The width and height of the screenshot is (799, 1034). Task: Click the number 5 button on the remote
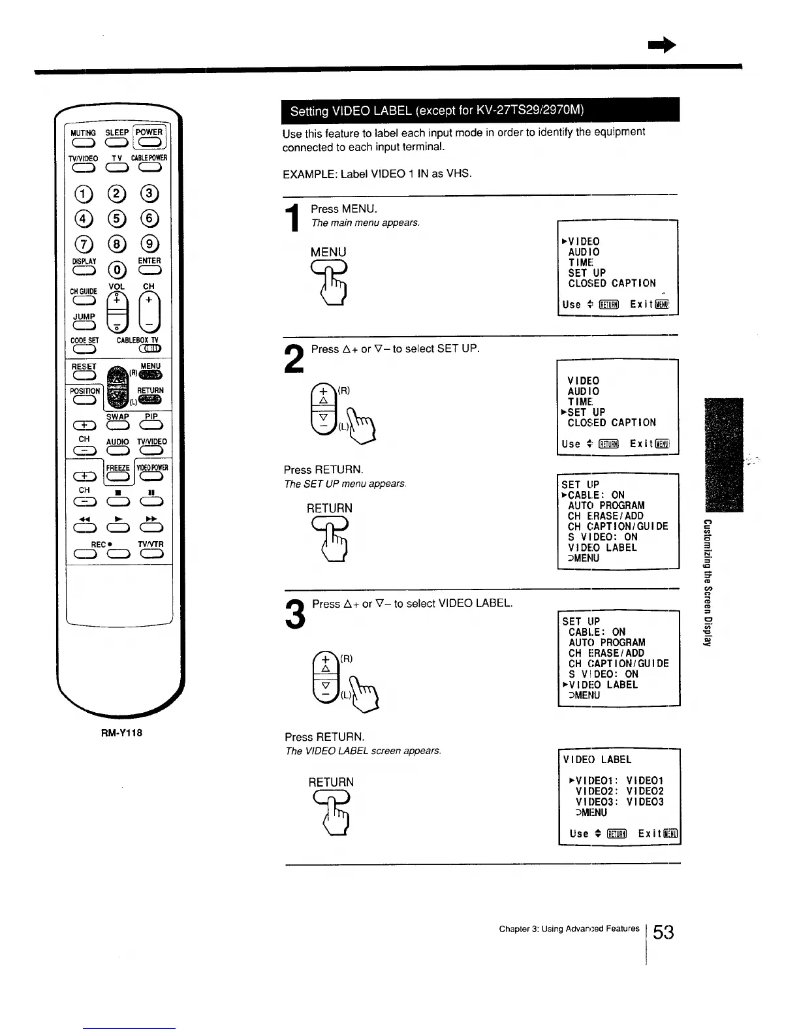[x=117, y=219]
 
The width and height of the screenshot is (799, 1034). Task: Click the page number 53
[x=663, y=932]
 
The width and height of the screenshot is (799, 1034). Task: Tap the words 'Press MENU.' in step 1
[x=344, y=209]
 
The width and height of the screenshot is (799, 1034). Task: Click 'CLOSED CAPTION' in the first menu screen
[x=612, y=283]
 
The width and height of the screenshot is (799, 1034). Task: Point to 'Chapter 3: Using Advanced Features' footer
[x=569, y=928]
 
